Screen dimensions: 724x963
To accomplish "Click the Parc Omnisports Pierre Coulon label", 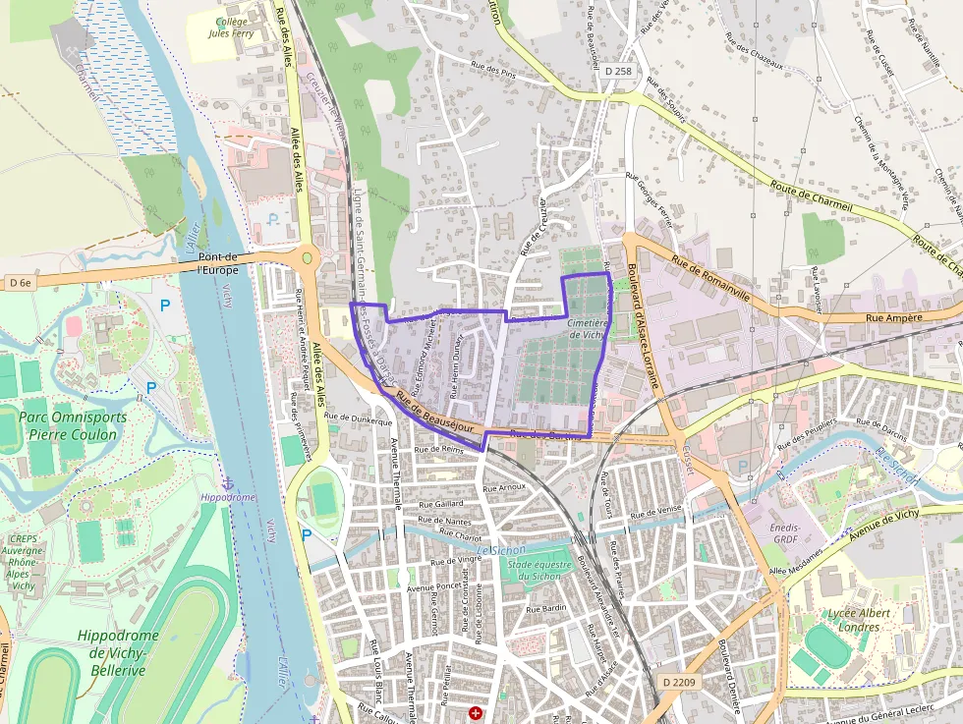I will pyautogui.click(x=73, y=425).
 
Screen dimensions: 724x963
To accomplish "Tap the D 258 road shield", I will pyautogui.click(x=618, y=71).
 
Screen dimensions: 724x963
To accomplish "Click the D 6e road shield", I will pyautogui.click(x=20, y=283).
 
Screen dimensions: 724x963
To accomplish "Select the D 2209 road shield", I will pyautogui.click(x=679, y=682).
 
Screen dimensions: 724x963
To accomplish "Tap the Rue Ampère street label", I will pyautogui.click(x=893, y=317).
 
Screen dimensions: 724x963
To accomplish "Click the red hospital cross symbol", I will pyautogui.click(x=476, y=712).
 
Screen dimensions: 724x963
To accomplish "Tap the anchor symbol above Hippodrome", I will pyautogui.click(x=226, y=484).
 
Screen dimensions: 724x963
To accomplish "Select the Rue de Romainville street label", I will pyautogui.click(x=710, y=278).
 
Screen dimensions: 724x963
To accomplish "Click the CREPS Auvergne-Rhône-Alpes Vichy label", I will pyautogui.click(x=23, y=562).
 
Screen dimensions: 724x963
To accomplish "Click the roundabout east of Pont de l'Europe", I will pyautogui.click(x=308, y=258).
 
